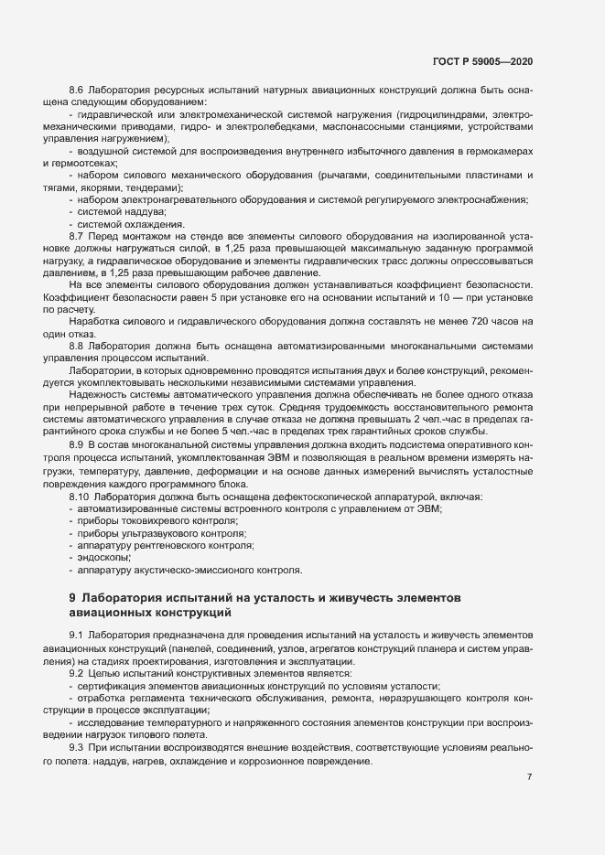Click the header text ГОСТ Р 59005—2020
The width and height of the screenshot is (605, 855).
pyautogui.click(x=482, y=60)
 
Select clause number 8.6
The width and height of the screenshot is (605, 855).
pyautogui.click(x=77, y=90)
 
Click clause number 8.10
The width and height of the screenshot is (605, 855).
pyautogui.click(x=80, y=496)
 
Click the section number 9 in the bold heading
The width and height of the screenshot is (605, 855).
pyautogui.click(x=71, y=597)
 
